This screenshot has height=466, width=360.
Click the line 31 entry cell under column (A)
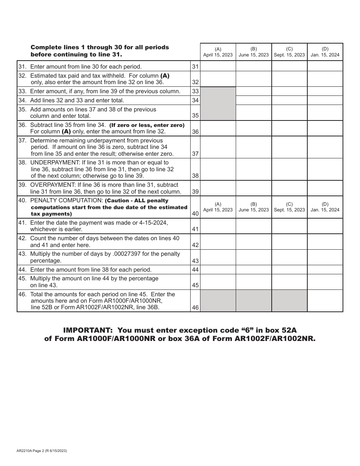pyautogui.click(x=218, y=66)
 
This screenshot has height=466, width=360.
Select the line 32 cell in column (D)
pyautogui.click(x=325, y=79)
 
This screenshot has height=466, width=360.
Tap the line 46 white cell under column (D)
pyautogui.click(x=325, y=301)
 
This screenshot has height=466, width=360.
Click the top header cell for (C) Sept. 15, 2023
pyautogui.click(x=289, y=52)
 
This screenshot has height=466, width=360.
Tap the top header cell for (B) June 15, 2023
pyautogui.click(x=254, y=52)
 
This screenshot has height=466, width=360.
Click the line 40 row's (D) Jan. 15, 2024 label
pyautogui.click(x=325, y=207)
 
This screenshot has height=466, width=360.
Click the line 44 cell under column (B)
pyautogui.click(x=254, y=270)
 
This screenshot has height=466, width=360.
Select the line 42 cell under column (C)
pyautogui.click(x=289, y=241)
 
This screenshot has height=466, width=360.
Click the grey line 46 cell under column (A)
pyautogui.click(x=218, y=301)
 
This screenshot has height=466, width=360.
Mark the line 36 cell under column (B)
pyautogui.click(x=254, y=128)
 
